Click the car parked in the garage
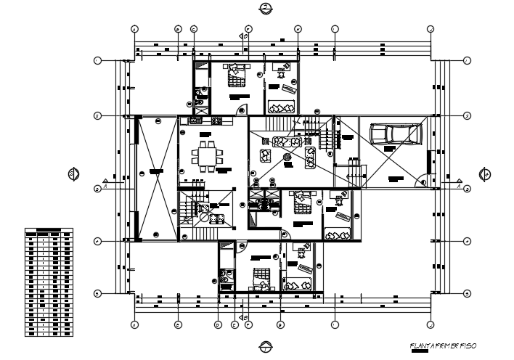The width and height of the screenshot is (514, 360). point(396,134)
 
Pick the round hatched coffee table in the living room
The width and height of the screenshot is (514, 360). point(287,156)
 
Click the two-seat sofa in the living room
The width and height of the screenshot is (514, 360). point(310,156)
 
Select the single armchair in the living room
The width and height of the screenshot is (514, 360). point(265,155)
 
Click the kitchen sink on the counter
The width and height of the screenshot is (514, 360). point(196,120)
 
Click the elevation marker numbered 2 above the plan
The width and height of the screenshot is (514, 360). point(266,8)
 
